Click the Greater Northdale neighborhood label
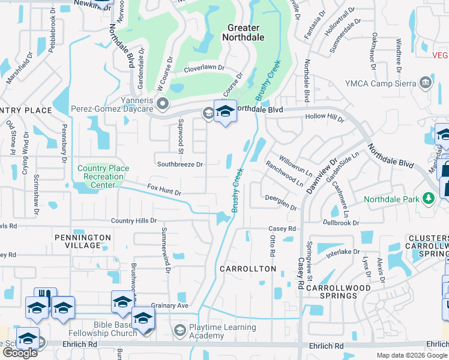click(x=244, y=32)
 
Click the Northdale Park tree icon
click(x=428, y=198)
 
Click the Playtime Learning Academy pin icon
click(x=179, y=331)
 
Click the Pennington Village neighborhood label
click(x=83, y=242)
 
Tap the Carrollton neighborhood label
click(x=247, y=269)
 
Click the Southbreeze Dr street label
click(x=180, y=164)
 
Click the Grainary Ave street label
click(x=170, y=305)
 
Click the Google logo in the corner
click(x=20, y=353)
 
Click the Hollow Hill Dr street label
click(x=325, y=118)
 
